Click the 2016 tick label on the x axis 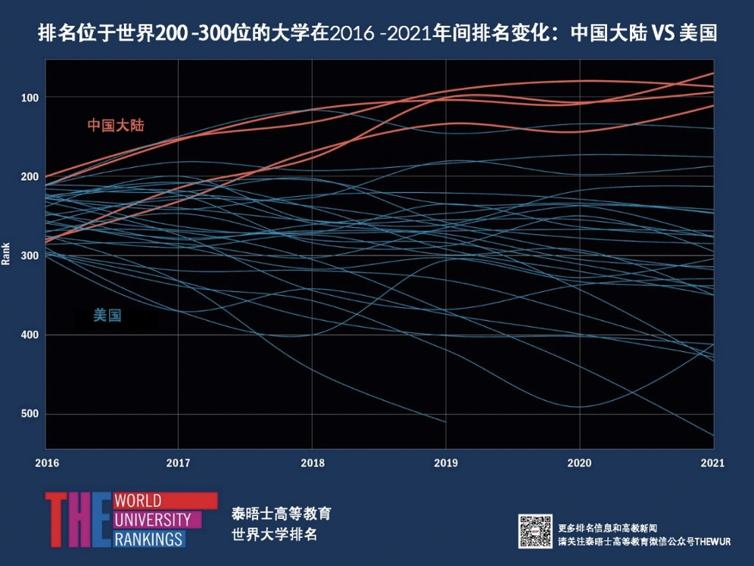pos(45,463)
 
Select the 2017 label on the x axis pos(178,463)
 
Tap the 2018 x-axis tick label pos(312,463)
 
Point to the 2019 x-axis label pos(446,463)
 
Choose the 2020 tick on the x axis pos(579,463)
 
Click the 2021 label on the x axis pos(712,463)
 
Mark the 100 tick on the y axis pos(30,98)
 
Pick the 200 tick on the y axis pos(30,176)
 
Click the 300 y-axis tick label pos(30,256)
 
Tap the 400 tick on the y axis pos(30,335)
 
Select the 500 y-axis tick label pos(30,414)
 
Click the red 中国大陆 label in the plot pos(115,125)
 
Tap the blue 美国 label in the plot pos(107,316)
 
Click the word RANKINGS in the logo pos(148,539)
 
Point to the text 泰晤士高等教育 pos(281,514)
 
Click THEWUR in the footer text pos(695,542)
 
